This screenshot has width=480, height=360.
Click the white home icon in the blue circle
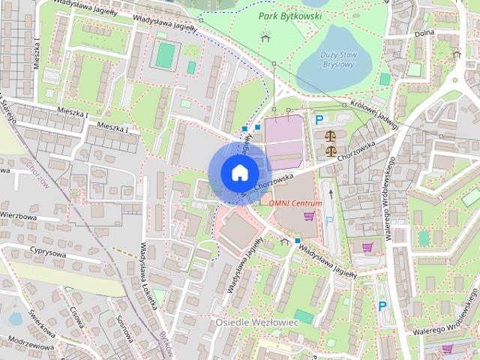238,172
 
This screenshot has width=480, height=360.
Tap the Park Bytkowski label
289,16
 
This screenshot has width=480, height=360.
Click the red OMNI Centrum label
295,203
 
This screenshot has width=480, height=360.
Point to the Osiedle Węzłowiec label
257,322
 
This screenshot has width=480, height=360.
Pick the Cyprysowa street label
49,252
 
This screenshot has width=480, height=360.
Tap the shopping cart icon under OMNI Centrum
308,217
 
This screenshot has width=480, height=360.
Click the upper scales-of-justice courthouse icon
330,136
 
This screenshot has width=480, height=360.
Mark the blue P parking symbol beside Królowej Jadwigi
319,119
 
